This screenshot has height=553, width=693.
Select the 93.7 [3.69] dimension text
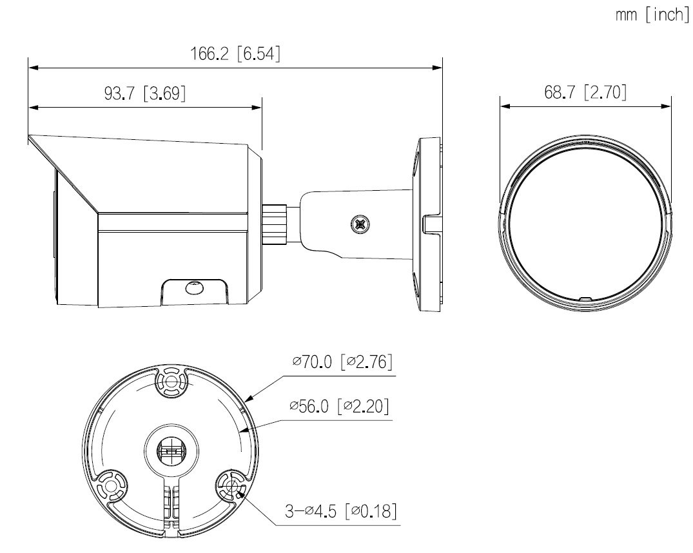point(144,94)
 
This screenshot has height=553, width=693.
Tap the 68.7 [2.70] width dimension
point(585,93)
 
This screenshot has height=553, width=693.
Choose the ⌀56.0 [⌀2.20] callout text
point(339,407)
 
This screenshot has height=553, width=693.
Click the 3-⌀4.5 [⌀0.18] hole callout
point(340,512)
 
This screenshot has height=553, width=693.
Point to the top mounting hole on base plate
point(171,382)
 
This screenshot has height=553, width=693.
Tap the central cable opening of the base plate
point(170,449)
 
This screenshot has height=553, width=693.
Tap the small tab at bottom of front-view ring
point(584,299)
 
